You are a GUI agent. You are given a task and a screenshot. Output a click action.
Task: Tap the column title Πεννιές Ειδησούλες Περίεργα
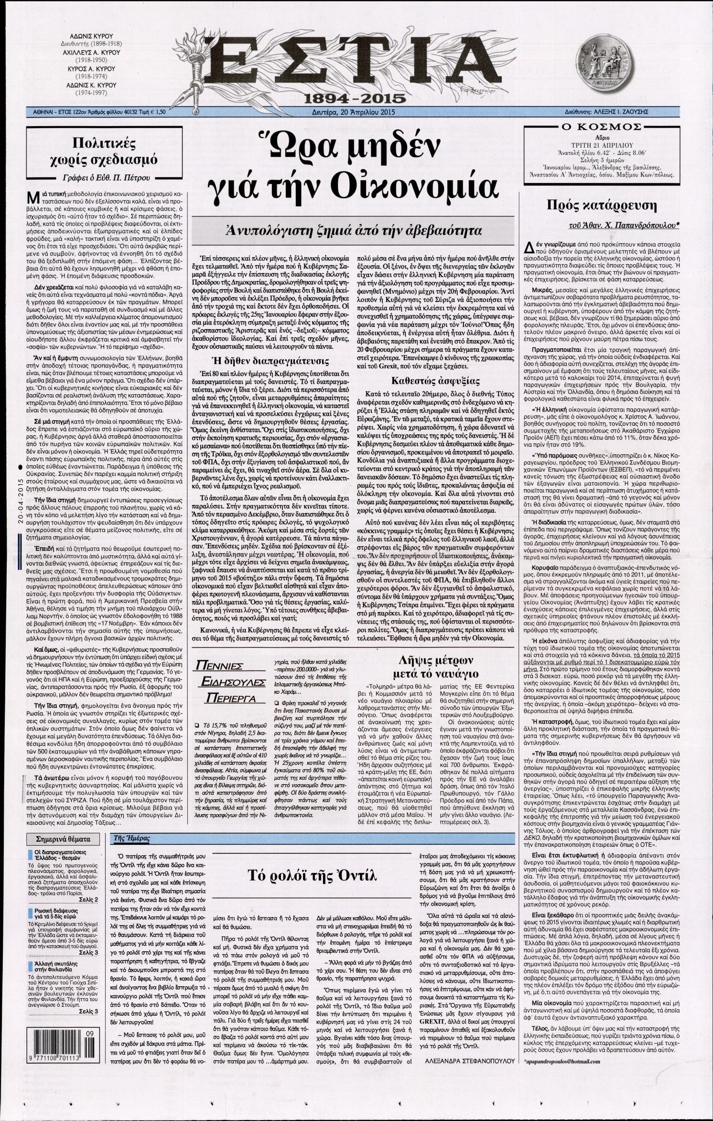point(228,682)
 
